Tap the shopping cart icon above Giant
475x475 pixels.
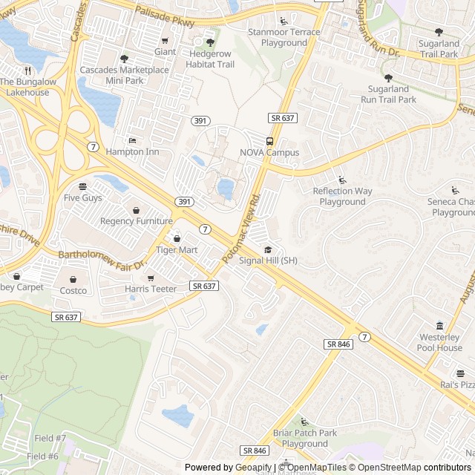pos(165,41)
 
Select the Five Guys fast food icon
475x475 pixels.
pos(82,186)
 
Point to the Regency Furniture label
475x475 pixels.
pos(136,221)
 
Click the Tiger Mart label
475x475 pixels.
pos(177,250)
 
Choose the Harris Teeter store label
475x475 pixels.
pos(151,289)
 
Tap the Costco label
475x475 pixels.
pos(73,290)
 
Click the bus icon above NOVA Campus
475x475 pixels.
pos(269,141)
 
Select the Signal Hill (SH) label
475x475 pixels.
pos(269,261)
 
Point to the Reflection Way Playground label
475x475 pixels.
pos(342,197)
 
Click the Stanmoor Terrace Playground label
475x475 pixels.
pos(284,37)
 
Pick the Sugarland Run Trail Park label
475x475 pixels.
pos(388,94)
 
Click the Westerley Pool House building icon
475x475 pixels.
pos(439,326)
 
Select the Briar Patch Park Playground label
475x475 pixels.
pos(304,438)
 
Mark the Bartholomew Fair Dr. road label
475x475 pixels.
pos(104,259)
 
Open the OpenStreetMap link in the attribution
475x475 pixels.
pos(384,468)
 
